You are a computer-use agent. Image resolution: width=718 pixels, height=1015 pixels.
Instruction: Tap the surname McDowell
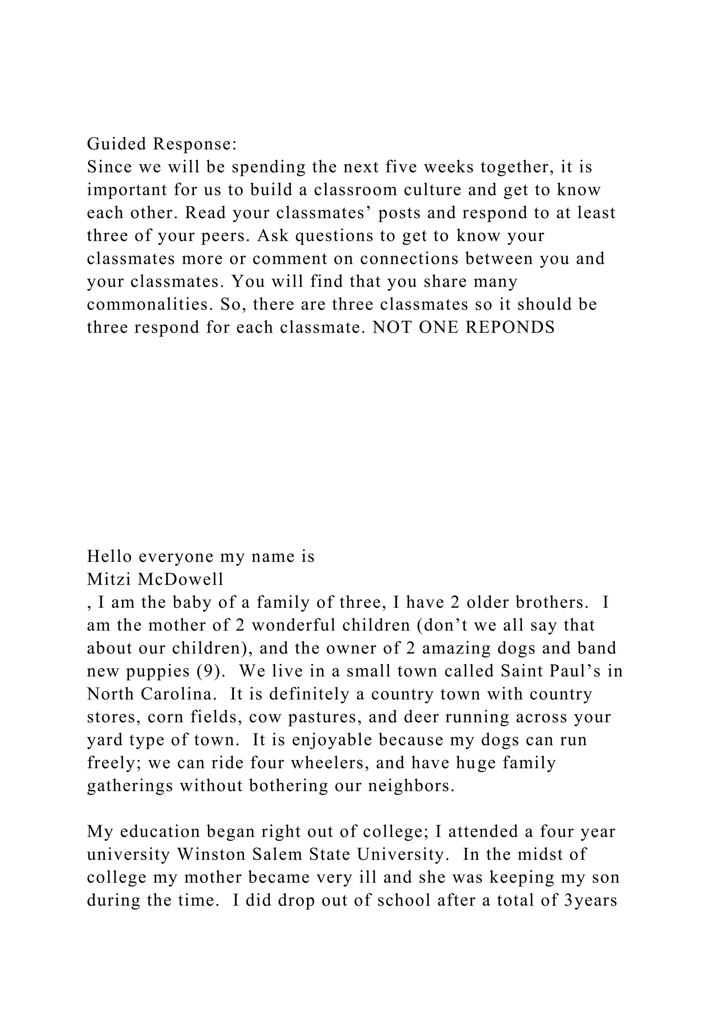(x=181, y=579)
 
